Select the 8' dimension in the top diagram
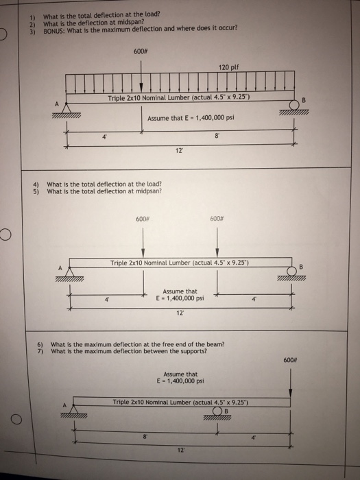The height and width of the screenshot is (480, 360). point(218,136)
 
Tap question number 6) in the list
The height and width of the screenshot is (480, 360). point(40,344)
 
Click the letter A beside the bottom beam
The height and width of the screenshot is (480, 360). point(67,404)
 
